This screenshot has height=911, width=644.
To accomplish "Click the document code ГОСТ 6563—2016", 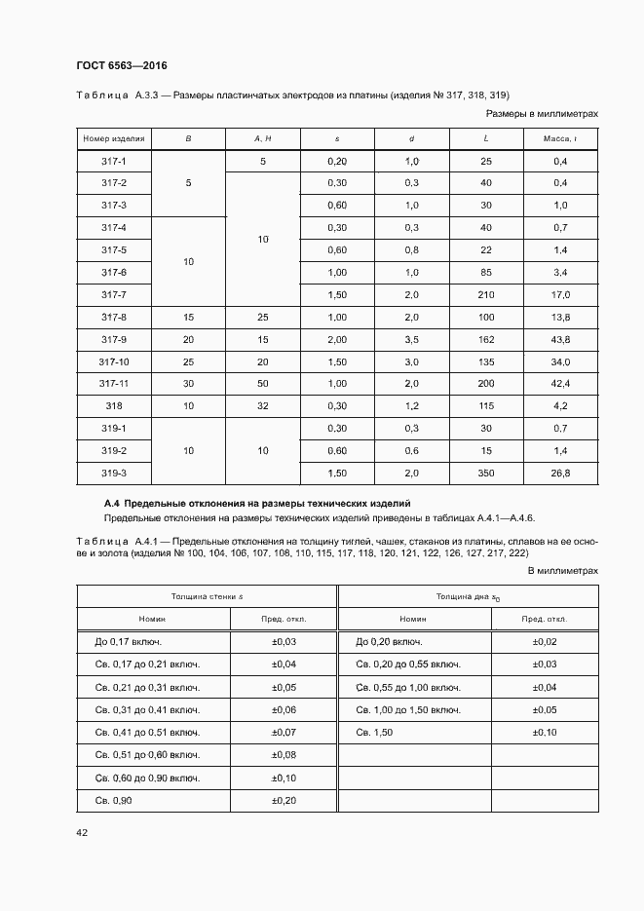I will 121,65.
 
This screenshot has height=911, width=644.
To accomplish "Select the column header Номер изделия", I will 114,139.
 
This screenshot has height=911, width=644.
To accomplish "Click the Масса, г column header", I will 560,139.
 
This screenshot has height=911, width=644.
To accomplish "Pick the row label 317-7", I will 114,294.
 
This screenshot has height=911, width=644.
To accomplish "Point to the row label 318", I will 114,406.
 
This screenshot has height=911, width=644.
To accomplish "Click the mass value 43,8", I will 560,339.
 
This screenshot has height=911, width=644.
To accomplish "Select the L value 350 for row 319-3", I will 486,474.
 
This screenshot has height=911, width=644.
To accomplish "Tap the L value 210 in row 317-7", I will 486,294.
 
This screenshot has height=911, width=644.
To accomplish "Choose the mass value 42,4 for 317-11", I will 560,384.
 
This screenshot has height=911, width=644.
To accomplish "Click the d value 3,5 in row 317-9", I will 411,339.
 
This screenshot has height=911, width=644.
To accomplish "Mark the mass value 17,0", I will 560,294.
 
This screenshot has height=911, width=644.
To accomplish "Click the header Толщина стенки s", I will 206,595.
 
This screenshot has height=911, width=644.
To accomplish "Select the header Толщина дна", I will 468,595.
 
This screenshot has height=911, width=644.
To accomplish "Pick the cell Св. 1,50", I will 374,731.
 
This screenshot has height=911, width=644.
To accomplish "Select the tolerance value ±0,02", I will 545,641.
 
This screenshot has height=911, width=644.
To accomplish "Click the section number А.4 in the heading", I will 111,502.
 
